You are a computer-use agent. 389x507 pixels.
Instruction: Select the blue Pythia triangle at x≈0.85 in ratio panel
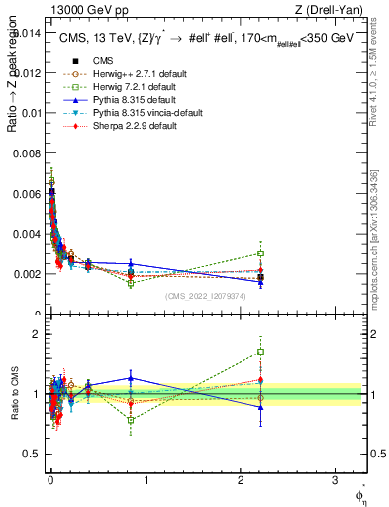pyautogui.click(x=131, y=377)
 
